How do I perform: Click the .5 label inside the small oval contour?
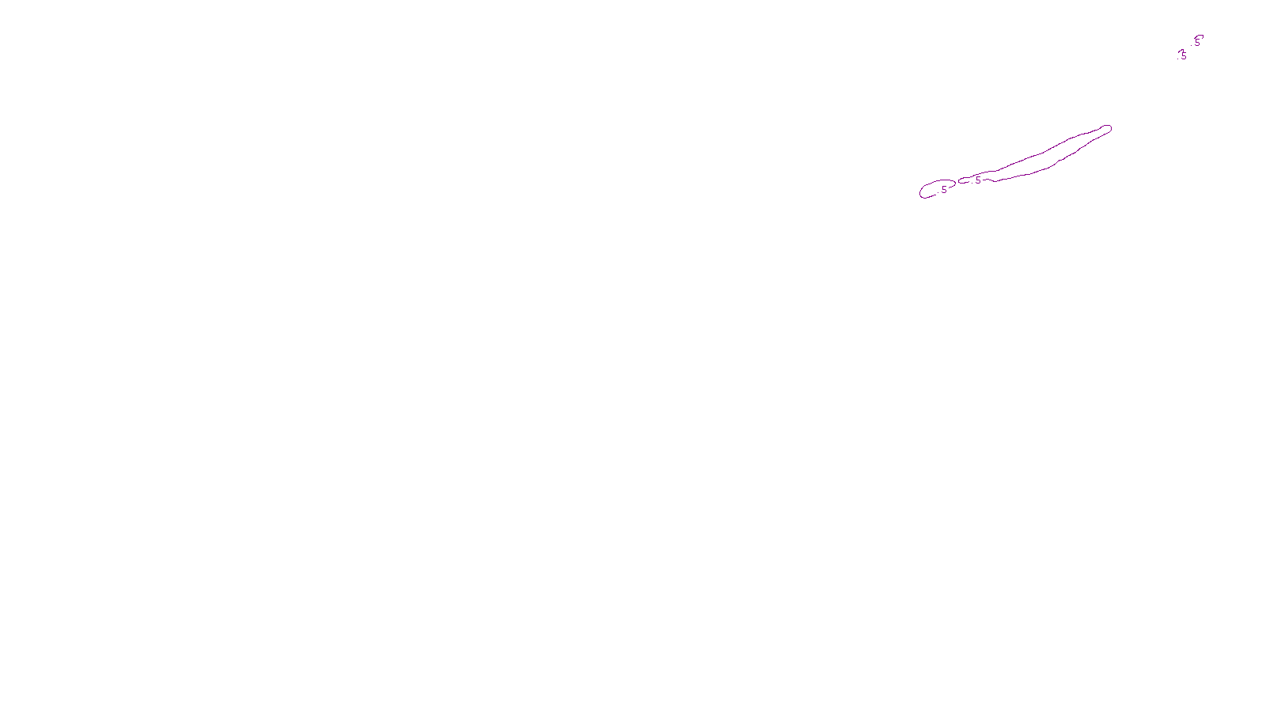[943, 190]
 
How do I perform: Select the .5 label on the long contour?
[977, 180]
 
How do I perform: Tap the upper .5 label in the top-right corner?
[1196, 43]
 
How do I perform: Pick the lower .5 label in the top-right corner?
[1182, 56]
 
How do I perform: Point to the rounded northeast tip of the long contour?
[1108, 128]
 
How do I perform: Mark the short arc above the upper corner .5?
[1200, 36]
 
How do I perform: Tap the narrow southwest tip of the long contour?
[961, 181]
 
